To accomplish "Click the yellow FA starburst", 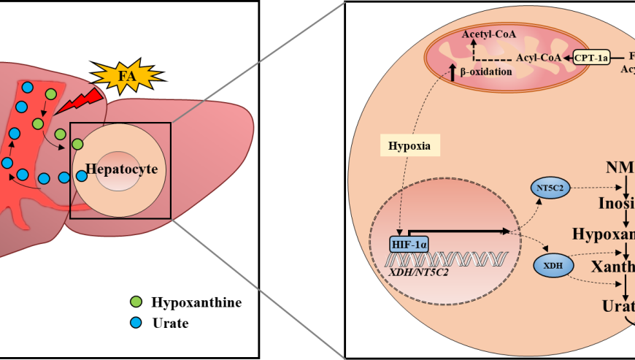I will click(x=126, y=75).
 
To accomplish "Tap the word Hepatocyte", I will click(x=122, y=169).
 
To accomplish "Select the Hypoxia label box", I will click(x=409, y=145).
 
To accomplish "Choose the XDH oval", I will click(x=554, y=267).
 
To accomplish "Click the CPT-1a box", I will click(x=591, y=56).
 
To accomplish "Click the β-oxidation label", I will click(x=486, y=72).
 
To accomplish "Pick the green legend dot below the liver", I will click(x=136, y=302).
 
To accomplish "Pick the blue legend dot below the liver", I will click(x=136, y=322).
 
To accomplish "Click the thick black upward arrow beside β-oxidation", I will click(x=453, y=72).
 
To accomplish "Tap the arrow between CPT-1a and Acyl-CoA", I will click(x=568, y=56).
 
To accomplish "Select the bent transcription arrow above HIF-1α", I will click(x=456, y=231).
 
